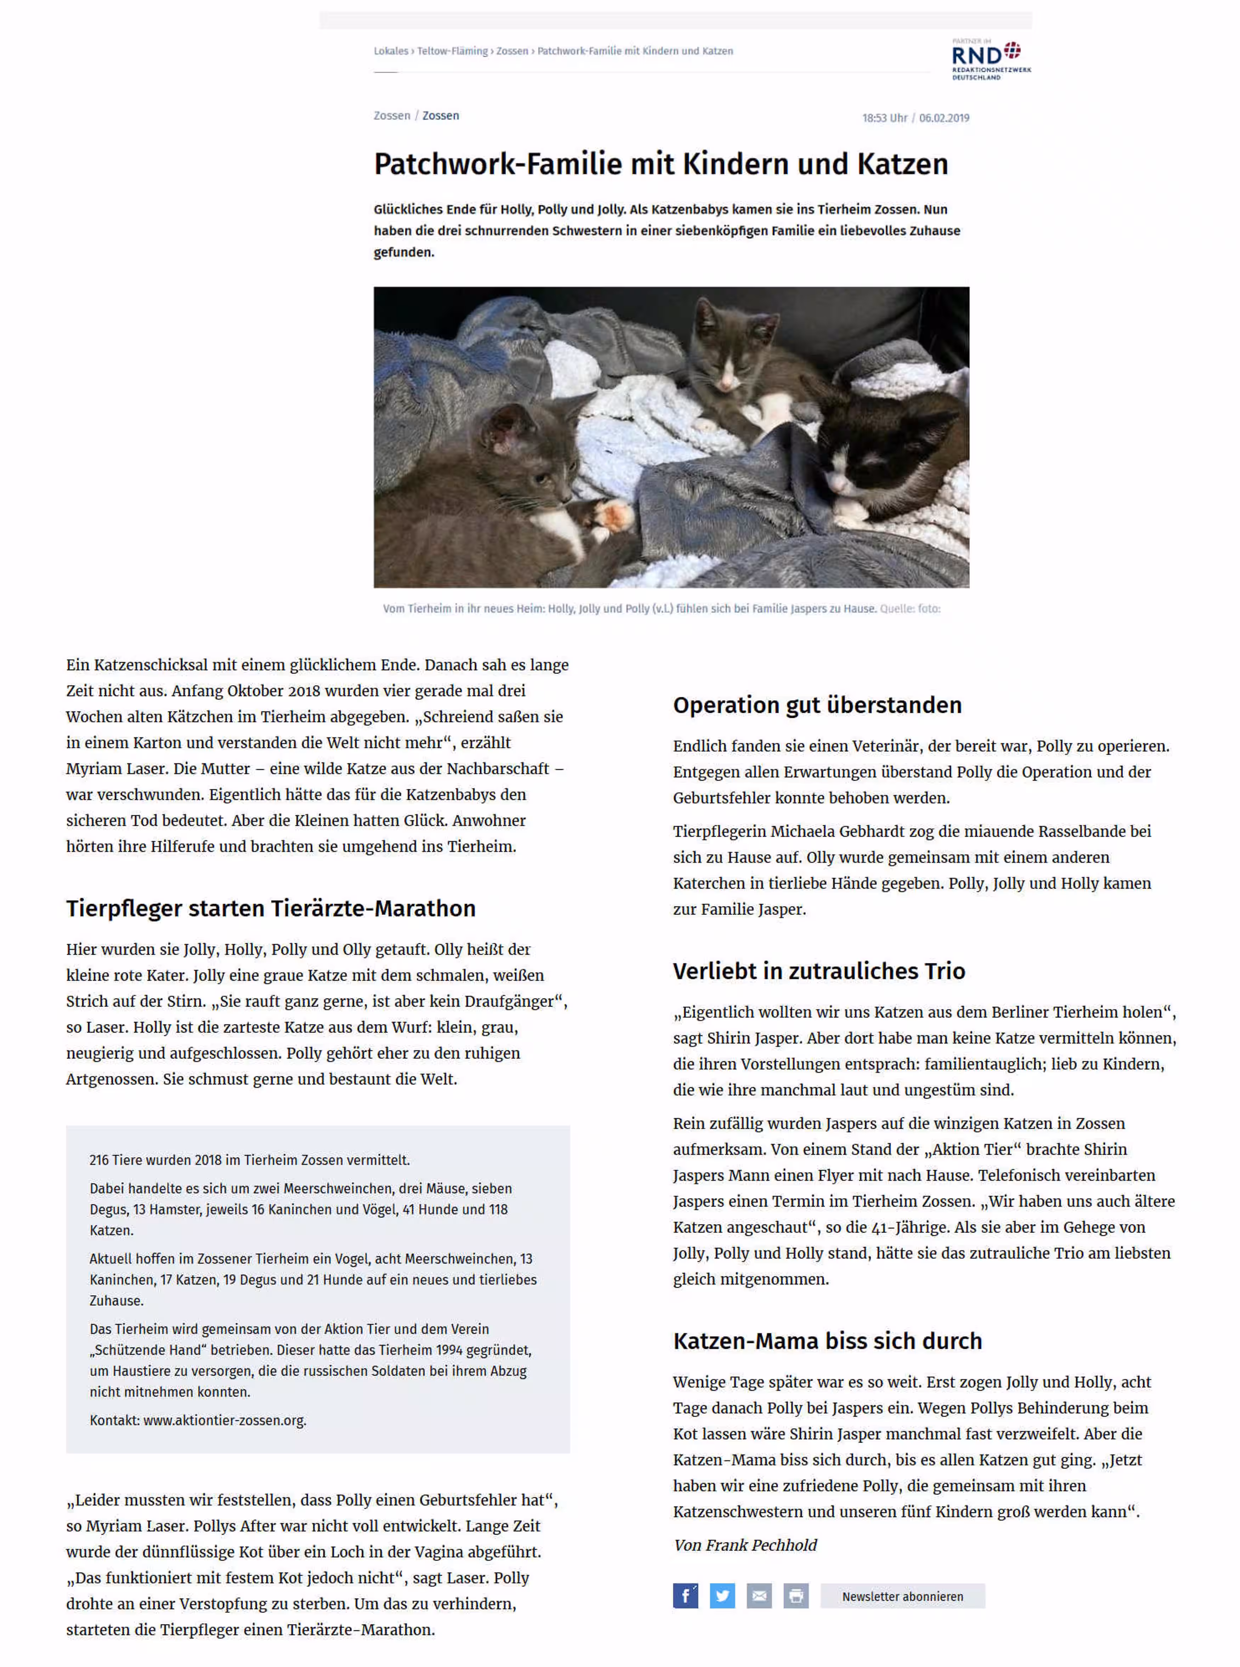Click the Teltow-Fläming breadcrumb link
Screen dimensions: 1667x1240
(x=453, y=51)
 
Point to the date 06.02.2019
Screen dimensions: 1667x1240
(x=944, y=118)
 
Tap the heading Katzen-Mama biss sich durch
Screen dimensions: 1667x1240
(x=827, y=1341)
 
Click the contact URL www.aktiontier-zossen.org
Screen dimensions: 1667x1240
(x=224, y=1420)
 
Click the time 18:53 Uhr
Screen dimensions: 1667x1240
(x=884, y=118)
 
